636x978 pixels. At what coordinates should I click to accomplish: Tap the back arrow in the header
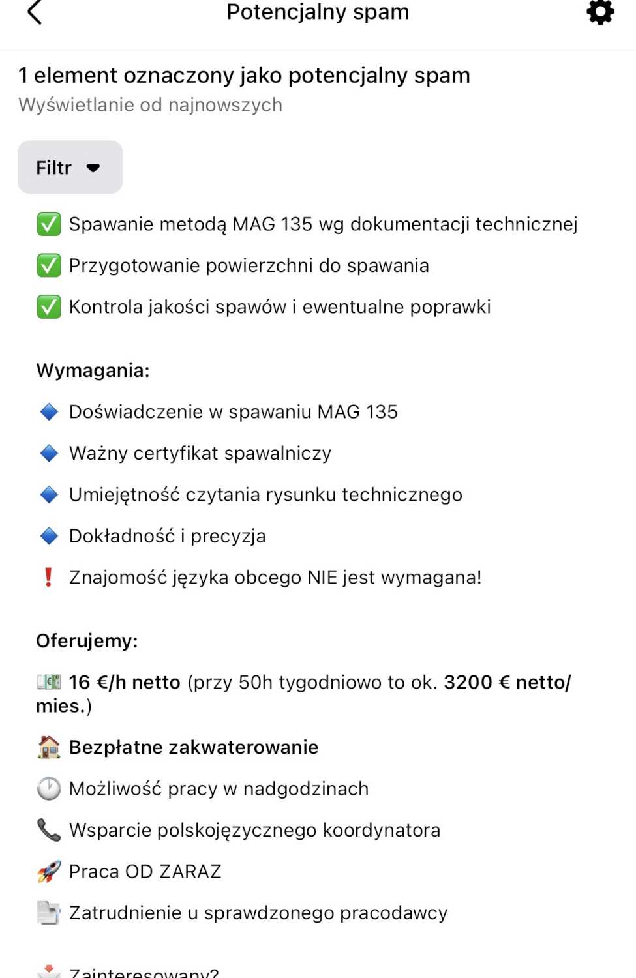click(35, 12)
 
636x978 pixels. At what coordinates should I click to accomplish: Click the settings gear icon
click(600, 12)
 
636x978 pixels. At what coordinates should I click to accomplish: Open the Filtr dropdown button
click(70, 168)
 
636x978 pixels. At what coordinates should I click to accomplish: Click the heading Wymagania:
click(93, 370)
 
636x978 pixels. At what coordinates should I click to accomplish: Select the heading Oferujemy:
click(87, 641)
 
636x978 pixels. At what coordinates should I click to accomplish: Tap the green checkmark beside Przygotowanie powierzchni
click(49, 265)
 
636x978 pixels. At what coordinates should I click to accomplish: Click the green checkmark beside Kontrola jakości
click(49, 307)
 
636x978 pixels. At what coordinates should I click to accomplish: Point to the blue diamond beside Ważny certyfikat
click(49, 453)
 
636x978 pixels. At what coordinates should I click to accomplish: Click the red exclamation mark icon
click(48, 577)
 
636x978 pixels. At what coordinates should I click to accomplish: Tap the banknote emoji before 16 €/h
click(49, 682)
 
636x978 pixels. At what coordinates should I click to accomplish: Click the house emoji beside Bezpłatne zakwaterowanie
click(49, 747)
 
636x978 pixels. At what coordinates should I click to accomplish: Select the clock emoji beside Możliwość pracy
click(49, 789)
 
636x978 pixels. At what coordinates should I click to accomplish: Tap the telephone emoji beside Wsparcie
click(49, 830)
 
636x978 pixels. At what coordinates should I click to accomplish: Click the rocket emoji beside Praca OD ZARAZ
click(49, 872)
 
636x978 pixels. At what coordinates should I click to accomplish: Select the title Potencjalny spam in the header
click(318, 12)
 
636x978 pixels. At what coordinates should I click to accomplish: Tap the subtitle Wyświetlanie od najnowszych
click(151, 105)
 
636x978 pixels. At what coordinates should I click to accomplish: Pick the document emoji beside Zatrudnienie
click(49, 913)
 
